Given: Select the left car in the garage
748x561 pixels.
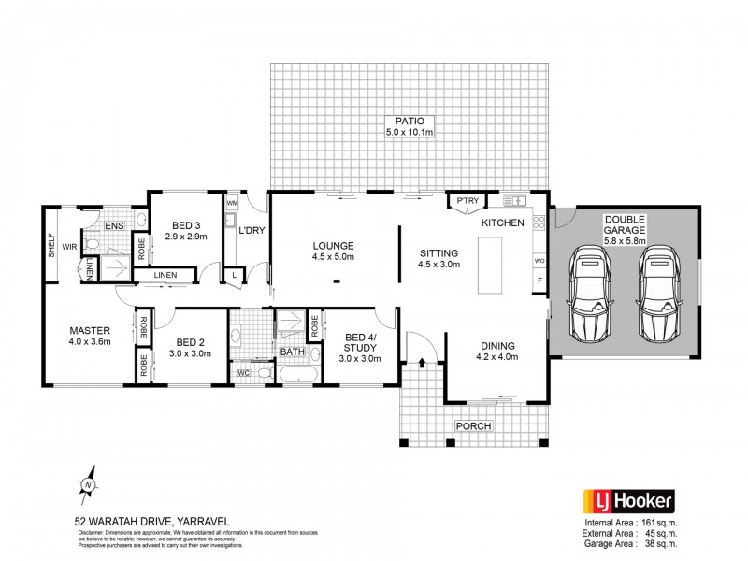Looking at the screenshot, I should [x=591, y=295].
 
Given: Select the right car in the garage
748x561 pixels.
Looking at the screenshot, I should [x=658, y=295].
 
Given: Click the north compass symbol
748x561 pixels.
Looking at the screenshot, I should [x=87, y=485].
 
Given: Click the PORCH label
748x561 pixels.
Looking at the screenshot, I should [x=473, y=426].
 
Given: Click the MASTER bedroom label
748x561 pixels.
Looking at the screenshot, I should [x=91, y=330].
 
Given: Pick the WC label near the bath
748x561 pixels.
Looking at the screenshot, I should [x=242, y=374].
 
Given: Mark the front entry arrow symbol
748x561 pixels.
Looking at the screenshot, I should [x=422, y=358].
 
